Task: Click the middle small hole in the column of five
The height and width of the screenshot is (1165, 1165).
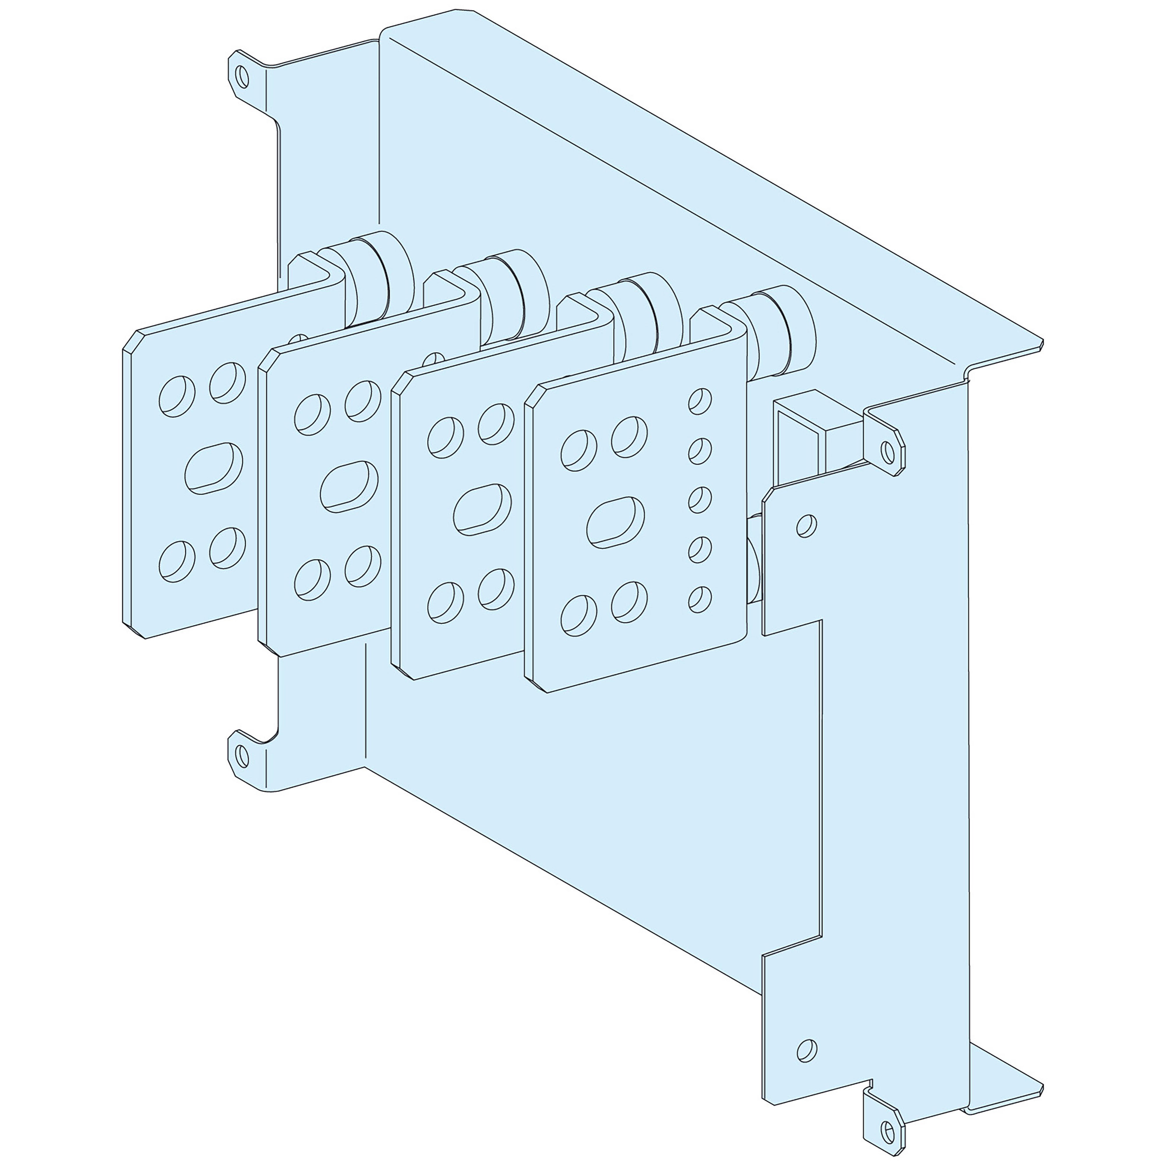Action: tap(700, 500)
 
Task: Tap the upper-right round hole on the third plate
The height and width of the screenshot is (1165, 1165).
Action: tap(496, 424)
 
